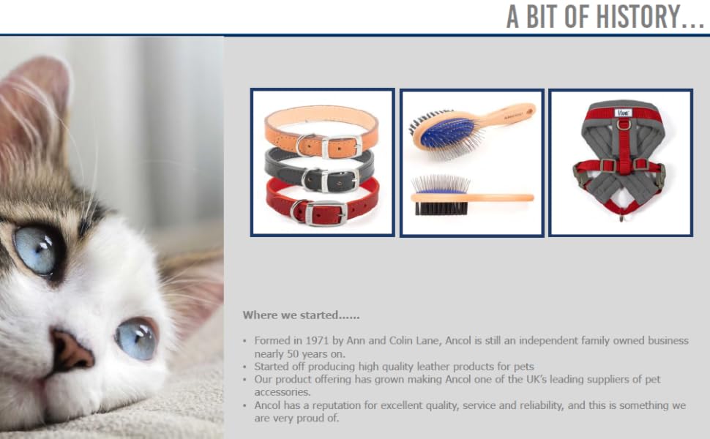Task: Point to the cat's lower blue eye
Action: [x=137, y=339]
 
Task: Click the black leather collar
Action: [x=320, y=169]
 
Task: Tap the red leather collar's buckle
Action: [x=325, y=213]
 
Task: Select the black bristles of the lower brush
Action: [x=441, y=208]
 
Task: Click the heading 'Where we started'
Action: [x=301, y=315]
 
